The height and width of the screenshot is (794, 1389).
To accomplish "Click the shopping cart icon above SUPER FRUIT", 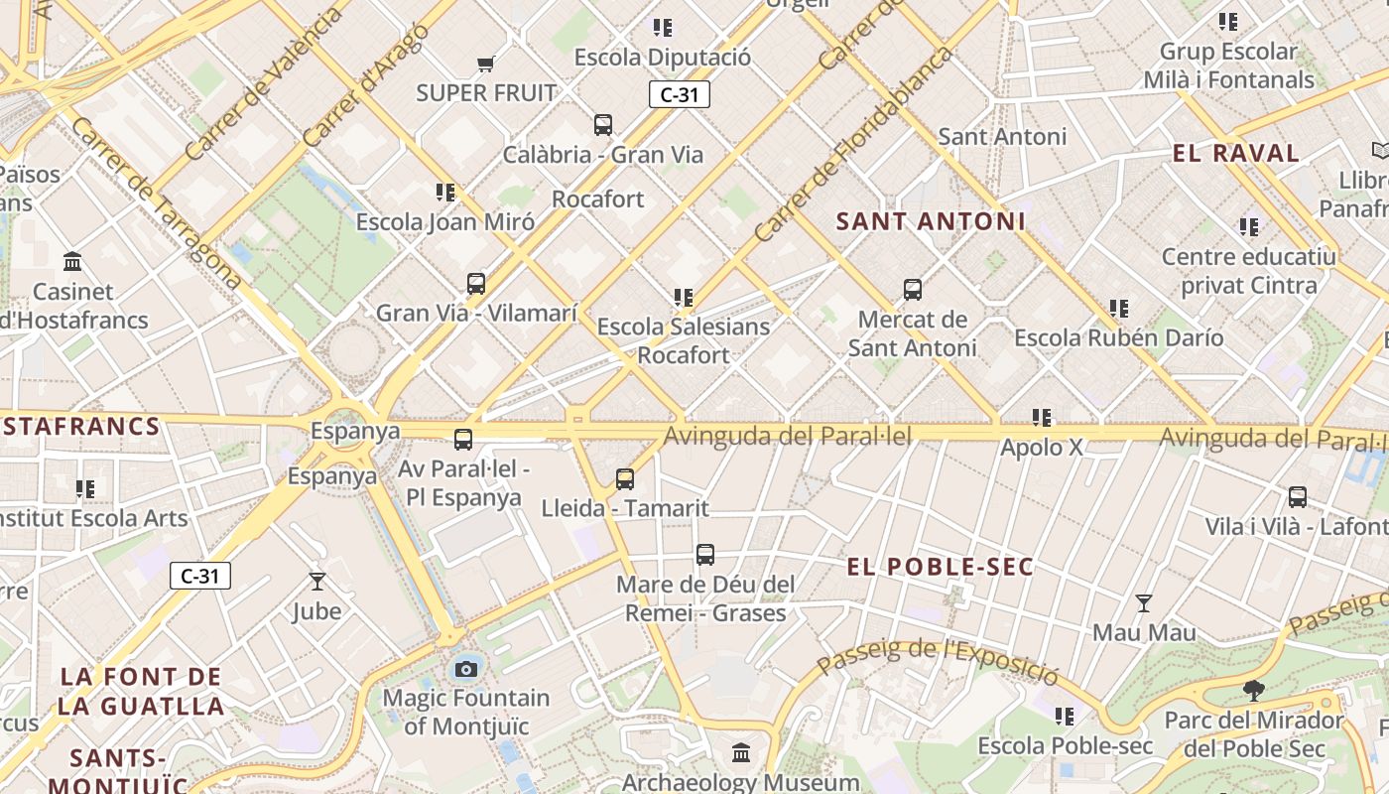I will point(485,65).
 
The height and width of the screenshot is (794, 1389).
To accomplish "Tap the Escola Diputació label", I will point(663,58).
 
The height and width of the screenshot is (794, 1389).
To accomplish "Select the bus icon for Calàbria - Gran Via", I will point(603,125).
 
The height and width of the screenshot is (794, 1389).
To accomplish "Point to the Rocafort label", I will point(598,199).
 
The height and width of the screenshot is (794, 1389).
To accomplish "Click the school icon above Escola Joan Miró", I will point(445,192).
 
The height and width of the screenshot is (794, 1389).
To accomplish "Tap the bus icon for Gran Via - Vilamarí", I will point(476,284).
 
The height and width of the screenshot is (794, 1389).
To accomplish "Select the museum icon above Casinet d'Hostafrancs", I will point(72,262).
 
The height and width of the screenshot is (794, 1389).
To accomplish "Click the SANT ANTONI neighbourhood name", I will point(930,221).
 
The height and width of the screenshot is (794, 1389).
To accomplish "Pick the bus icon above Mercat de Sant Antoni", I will point(913,290).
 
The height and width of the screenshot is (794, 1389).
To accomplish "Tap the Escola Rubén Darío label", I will point(1118,338).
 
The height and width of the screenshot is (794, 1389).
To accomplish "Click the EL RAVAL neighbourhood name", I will point(1235,153).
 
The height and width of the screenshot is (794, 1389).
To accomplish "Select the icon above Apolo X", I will point(1041,418).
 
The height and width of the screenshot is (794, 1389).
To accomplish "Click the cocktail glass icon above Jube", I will point(317,582).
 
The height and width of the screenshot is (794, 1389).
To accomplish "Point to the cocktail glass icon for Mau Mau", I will point(1144,602).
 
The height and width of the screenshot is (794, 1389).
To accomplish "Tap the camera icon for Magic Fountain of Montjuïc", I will point(466,669).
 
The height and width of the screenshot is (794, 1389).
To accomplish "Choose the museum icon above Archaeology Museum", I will point(741,753).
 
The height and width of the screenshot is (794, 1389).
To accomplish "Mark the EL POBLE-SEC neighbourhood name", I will point(940,568).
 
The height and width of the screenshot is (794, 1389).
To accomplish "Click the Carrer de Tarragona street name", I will point(156,203).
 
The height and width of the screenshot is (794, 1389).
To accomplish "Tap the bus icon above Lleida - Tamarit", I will point(625,479).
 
